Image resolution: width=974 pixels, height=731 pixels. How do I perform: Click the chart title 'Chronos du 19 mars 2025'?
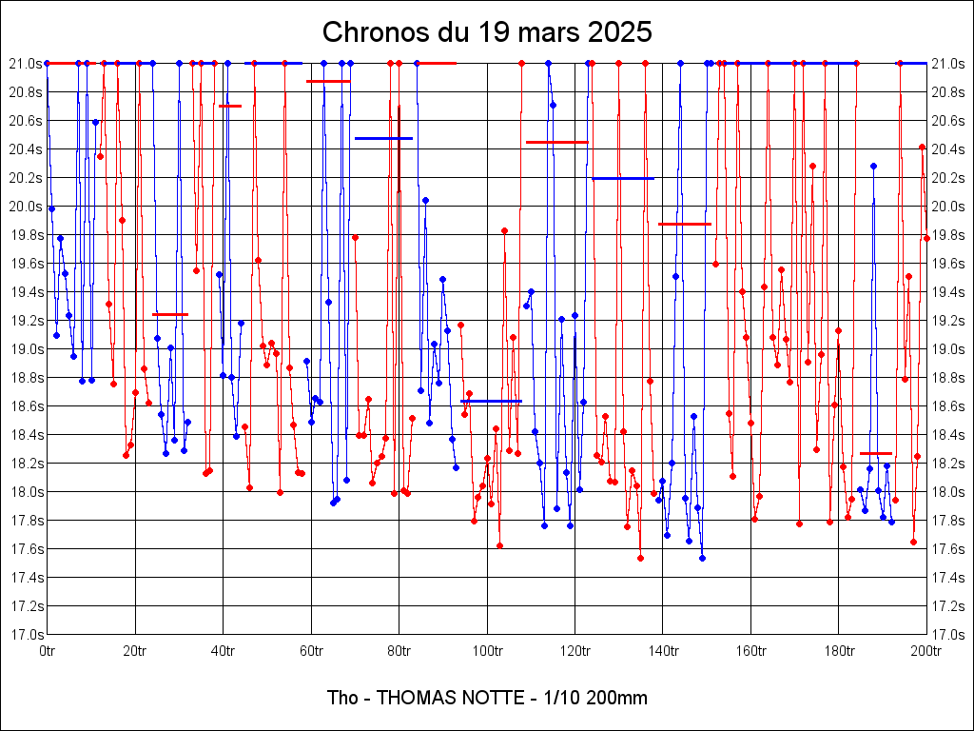tap(487, 31)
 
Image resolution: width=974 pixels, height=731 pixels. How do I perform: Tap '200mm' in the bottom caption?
tap(618, 698)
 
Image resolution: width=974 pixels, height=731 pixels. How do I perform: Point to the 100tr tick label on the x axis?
tap(487, 651)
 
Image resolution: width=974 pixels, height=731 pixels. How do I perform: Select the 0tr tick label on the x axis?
tap(48, 651)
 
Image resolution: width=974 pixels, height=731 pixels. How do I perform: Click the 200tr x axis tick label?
tap(926, 651)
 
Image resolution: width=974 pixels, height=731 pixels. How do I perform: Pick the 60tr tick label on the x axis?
tap(311, 651)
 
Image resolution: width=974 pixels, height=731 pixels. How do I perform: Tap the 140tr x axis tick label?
tap(663, 651)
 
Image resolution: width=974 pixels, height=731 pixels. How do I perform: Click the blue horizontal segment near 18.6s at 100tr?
tap(491, 402)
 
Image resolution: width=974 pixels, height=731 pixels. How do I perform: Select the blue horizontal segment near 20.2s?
tap(623, 178)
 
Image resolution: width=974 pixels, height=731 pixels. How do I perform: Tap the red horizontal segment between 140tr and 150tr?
tap(685, 224)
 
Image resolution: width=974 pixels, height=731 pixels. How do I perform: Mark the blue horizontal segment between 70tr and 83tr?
tap(383, 138)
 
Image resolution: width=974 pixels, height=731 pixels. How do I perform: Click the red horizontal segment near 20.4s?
tap(557, 142)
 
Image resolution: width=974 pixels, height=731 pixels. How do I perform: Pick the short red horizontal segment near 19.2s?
tap(170, 314)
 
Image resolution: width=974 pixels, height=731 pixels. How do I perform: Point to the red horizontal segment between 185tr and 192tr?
tap(876, 453)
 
